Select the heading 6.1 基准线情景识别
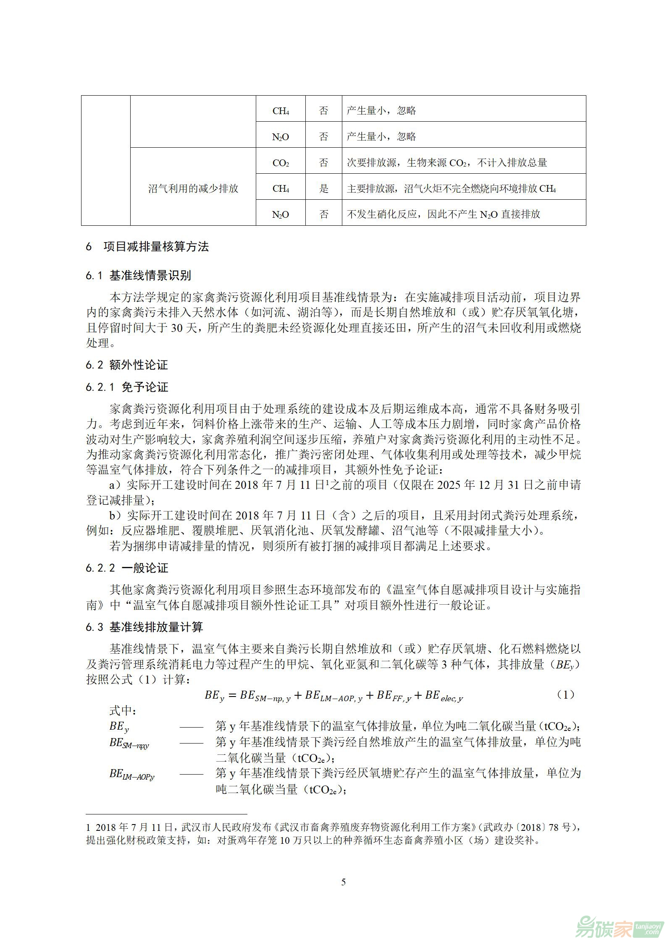pos(138,276)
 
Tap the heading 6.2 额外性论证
pos(127,365)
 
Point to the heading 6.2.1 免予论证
pos(127,387)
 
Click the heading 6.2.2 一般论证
pos(127,568)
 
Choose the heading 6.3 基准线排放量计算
pos(144,627)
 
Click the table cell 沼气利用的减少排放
pos(193,189)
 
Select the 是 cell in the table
pos(323,189)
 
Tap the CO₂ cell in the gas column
pos(281,163)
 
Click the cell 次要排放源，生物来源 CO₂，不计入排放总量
pos(447,163)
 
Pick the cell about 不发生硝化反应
pos(444,214)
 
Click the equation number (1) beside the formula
pos(565,695)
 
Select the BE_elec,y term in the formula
pos(444,696)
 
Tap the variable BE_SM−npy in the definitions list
pos(129,743)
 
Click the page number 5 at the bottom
pos(344,882)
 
